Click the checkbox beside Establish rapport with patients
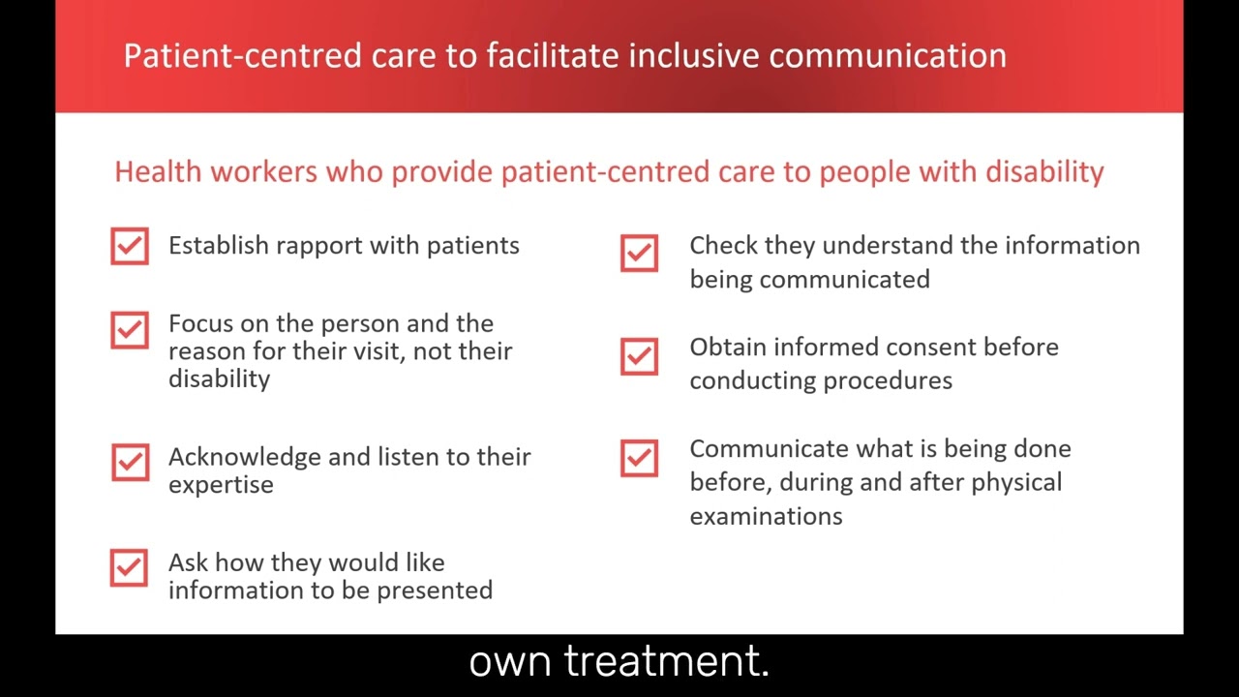coord(130,246)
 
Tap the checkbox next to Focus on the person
coord(130,330)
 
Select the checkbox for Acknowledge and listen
coord(130,463)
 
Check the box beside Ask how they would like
coord(130,568)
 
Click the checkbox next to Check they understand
coord(639,254)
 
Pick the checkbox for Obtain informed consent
coord(639,356)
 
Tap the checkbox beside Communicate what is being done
coord(639,458)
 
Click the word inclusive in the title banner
coord(694,55)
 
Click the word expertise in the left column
coord(221,485)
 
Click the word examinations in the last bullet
coord(766,516)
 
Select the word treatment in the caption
coord(666,662)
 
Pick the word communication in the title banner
coord(888,55)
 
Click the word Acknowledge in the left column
coord(245,457)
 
